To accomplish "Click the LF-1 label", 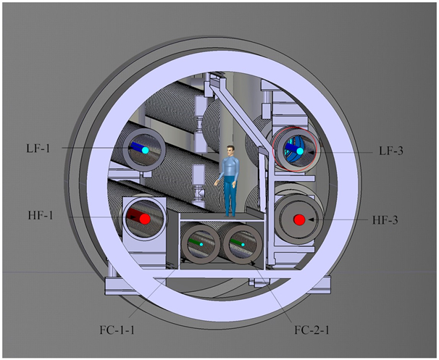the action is pyautogui.click(x=38, y=148).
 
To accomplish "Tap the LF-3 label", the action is pyautogui.click(x=391, y=151).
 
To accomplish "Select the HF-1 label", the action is pyautogui.click(x=41, y=216).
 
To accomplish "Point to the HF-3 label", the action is pyautogui.click(x=385, y=220).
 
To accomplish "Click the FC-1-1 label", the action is pyautogui.click(x=117, y=330).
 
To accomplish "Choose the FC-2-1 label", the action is pyautogui.click(x=312, y=330).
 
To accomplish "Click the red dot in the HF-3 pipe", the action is pyautogui.click(x=299, y=219).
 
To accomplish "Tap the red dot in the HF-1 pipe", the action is pyautogui.click(x=145, y=219).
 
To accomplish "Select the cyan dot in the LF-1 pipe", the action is pyautogui.click(x=145, y=151).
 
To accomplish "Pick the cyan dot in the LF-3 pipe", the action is pyautogui.click(x=300, y=151).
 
